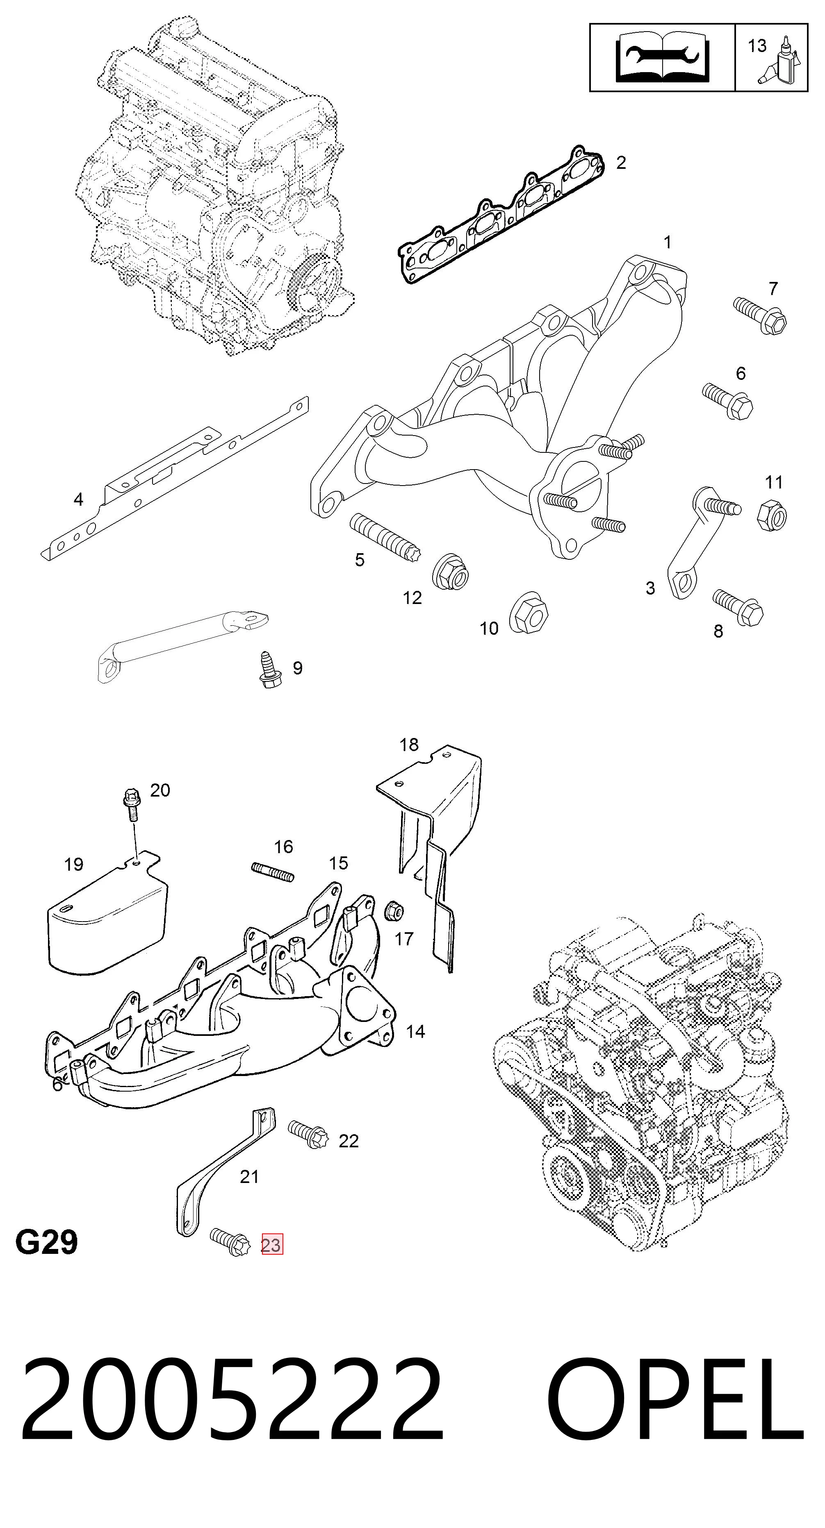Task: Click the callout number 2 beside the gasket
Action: click(621, 163)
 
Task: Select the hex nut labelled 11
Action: click(772, 515)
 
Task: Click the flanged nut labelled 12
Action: click(451, 571)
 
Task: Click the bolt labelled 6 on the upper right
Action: click(728, 402)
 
